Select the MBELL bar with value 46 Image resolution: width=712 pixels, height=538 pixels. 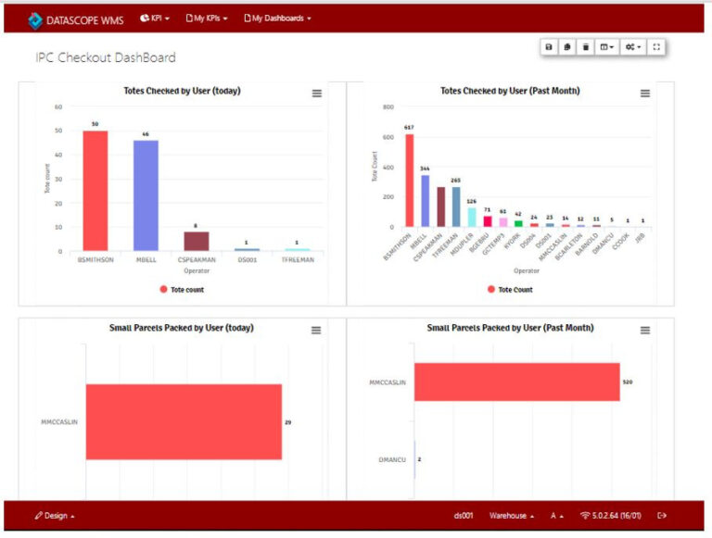coord(146,194)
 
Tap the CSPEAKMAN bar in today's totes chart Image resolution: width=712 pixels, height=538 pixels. coord(196,241)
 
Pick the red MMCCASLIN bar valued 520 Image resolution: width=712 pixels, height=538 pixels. coord(516,382)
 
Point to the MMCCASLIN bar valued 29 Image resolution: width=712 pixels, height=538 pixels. coord(184,421)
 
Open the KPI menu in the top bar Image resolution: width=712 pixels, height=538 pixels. coord(155,18)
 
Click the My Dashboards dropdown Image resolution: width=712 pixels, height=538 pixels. coord(277,18)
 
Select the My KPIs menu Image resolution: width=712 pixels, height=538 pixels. coord(207,18)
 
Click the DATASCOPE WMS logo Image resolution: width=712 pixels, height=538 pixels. coord(74,19)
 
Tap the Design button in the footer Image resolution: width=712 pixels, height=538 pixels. coord(55,515)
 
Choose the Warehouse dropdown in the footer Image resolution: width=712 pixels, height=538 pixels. coord(511,515)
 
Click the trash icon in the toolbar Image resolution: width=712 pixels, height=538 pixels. coord(586,46)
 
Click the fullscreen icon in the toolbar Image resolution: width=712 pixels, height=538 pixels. coord(656,46)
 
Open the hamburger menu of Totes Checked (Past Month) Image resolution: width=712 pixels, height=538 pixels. coord(645,93)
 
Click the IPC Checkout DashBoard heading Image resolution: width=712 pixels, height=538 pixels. coord(105,57)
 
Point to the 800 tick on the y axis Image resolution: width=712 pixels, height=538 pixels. coord(388,107)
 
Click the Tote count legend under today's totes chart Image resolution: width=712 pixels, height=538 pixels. coord(182,290)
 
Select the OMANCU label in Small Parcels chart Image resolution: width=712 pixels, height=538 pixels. coord(394,459)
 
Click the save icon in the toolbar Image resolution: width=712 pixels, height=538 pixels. coord(549,46)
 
